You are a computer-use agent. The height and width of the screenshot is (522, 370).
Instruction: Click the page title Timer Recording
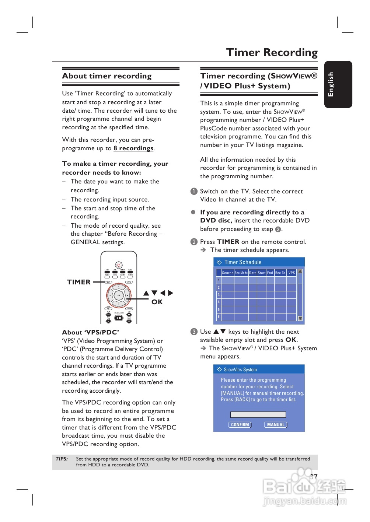point(272,53)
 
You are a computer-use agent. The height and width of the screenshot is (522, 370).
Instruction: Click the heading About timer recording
point(107,76)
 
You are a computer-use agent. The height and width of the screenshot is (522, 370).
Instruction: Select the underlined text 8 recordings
point(133,148)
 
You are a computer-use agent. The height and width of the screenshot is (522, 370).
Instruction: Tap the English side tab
point(331,84)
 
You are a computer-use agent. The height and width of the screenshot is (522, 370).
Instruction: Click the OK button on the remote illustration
point(119,295)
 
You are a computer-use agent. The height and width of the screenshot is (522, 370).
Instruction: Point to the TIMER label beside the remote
point(78,282)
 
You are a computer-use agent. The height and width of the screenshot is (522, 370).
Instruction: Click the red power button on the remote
point(119,265)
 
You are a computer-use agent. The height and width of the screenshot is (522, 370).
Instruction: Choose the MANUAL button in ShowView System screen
point(276,425)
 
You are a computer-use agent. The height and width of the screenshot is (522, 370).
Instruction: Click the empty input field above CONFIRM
point(258,415)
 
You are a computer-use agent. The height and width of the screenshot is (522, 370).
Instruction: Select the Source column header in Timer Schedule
point(227,273)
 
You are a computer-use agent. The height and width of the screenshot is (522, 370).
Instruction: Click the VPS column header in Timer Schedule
point(292,273)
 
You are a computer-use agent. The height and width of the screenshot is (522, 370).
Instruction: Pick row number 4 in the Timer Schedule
point(219,302)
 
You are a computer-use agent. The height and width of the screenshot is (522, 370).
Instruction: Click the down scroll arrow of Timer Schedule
point(300,318)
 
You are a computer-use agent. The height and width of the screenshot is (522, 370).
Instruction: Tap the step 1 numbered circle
point(194,192)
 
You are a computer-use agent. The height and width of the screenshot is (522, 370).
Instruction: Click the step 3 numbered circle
point(194,332)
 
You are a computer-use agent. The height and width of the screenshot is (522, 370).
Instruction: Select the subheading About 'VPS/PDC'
point(90,332)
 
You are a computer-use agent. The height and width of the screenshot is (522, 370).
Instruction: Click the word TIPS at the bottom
point(62,459)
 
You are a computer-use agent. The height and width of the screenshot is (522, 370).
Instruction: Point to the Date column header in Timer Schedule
point(252,273)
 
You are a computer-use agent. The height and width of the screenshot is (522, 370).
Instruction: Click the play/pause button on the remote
point(119,318)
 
